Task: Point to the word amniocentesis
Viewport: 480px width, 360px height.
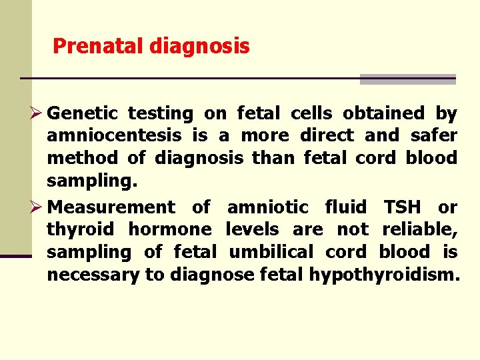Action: click(x=114, y=136)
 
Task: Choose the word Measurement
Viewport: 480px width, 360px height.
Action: click(x=111, y=207)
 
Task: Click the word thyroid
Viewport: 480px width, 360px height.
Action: click(x=79, y=230)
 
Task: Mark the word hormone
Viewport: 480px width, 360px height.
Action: click(x=170, y=230)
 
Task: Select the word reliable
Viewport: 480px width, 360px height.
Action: click(x=419, y=230)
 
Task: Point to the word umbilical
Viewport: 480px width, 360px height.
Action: click(x=272, y=252)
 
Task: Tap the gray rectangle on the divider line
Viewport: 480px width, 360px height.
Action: click(x=407, y=79)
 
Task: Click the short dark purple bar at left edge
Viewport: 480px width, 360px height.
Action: click(x=15, y=255)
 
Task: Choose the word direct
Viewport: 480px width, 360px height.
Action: click(x=327, y=136)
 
